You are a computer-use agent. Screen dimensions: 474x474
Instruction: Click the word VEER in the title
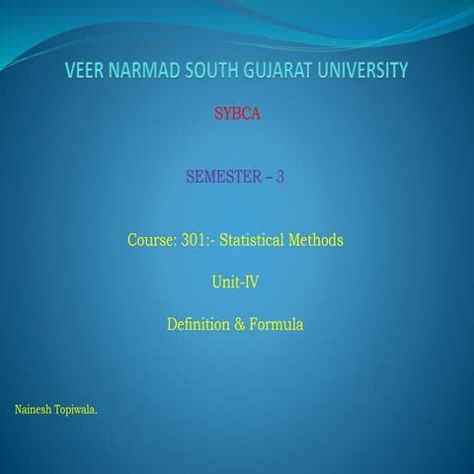pos(88,70)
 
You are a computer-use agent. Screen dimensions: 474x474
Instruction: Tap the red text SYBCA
pos(236,115)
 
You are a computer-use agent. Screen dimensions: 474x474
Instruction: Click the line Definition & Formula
pos(235,322)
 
